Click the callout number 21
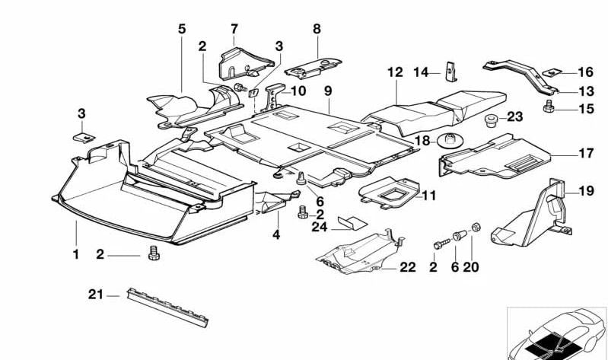[x=94, y=295]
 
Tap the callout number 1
[x=75, y=254]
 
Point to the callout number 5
[x=182, y=30]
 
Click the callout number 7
[x=234, y=29]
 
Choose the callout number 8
[x=317, y=29]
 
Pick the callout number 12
[x=394, y=73]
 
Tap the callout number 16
[x=584, y=72]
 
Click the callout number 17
[x=584, y=154]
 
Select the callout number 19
[x=584, y=191]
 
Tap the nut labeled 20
[x=475, y=227]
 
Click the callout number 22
[x=408, y=267]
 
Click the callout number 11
[x=428, y=196]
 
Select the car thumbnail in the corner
[x=556, y=333]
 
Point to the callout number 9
[x=328, y=91]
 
